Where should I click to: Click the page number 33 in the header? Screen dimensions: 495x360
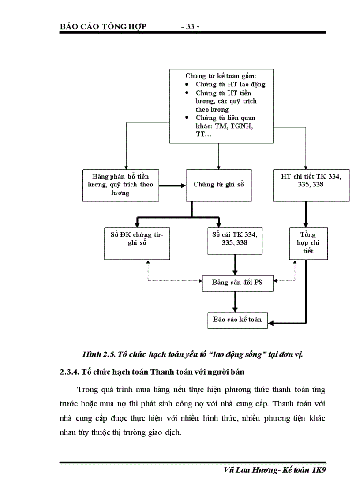191,26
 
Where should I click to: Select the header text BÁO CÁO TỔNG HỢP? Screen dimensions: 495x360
103,26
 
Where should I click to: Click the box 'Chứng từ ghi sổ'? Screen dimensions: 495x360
219,185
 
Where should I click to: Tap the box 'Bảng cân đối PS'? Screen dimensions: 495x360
237,282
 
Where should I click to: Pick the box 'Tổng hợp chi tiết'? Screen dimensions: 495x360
308,243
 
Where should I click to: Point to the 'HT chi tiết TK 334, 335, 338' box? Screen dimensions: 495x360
308,185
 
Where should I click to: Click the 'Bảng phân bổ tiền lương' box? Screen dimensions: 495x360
121,185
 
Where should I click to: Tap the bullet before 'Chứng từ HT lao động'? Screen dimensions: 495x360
187,84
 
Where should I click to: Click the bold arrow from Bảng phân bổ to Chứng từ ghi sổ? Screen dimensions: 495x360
172,185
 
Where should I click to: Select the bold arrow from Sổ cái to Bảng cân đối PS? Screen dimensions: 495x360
235,265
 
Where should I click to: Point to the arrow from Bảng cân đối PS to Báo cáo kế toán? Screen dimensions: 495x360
235,301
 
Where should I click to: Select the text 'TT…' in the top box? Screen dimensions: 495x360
203,134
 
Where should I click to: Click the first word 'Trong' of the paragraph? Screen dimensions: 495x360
86,390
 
